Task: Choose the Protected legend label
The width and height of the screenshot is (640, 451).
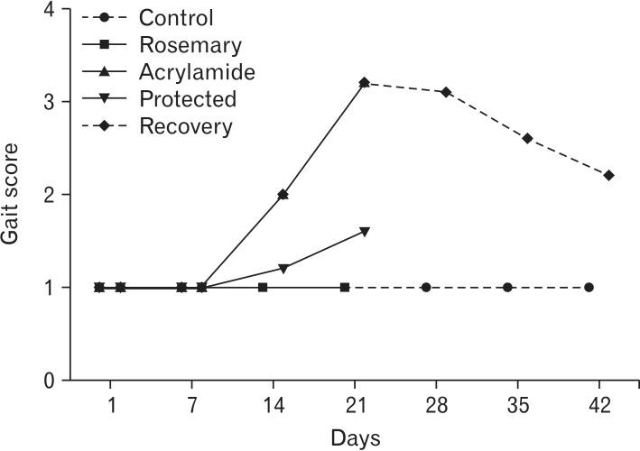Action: click(x=188, y=98)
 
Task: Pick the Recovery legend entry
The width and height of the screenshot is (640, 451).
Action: click(x=186, y=125)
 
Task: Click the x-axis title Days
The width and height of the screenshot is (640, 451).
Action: click(x=355, y=437)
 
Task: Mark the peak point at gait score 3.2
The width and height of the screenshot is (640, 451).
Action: click(x=365, y=83)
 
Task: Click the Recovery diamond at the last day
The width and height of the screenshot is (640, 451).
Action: click(x=609, y=175)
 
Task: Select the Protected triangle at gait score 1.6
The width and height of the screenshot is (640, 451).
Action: click(x=365, y=232)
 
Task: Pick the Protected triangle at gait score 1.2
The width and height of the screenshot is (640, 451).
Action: click(x=283, y=269)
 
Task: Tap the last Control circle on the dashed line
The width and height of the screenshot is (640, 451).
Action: click(x=589, y=287)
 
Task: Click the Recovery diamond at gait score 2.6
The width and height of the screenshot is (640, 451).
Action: click(x=527, y=138)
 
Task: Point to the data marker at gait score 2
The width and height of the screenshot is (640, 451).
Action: click(x=283, y=195)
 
